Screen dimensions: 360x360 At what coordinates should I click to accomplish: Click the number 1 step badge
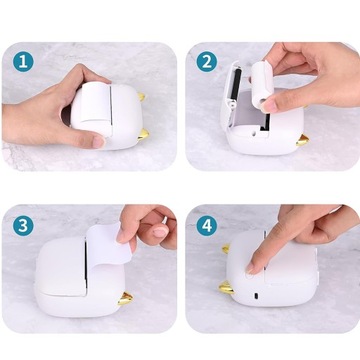pyautogui.click(x=23, y=61)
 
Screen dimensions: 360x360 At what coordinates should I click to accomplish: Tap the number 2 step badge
pyautogui.click(x=207, y=61)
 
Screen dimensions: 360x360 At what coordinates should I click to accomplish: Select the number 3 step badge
pyautogui.click(x=23, y=226)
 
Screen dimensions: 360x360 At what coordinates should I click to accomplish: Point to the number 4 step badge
pyautogui.click(x=207, y=226)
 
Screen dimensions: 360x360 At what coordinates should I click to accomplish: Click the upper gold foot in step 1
pyautogui.click(x=142, y=97)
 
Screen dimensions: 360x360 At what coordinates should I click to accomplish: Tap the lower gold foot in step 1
pyautogui.click(x=143, y=134)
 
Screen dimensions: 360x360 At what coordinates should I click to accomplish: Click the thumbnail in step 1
pyautogui.click(x=98, y=142)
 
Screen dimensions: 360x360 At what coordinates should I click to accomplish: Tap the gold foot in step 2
pyautogui.click(x=303, y=140)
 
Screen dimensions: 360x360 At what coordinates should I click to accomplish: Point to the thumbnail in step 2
pyautogui.click(x=268, y=106)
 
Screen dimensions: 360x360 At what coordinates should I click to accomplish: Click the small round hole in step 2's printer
pyautogui.click(x=254, y=132)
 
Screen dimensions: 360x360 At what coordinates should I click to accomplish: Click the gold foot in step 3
pyautogui.click(x=125, y=299)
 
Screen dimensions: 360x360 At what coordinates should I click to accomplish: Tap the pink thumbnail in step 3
pyautogui.click(x=160, y=232)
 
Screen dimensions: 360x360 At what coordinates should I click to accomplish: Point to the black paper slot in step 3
pyautogui.click(x=86, y=265)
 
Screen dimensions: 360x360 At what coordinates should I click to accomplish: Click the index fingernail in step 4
pyautogui.click(x=249, y=267)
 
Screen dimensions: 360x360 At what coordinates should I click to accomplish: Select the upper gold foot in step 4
pyautogui.click(x=226, y=248)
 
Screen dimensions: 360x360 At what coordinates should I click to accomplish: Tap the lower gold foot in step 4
pyautogui.click(x=226, y=287)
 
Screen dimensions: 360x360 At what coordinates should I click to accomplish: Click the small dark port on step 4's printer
pyautogui.click(x=256, y=296)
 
